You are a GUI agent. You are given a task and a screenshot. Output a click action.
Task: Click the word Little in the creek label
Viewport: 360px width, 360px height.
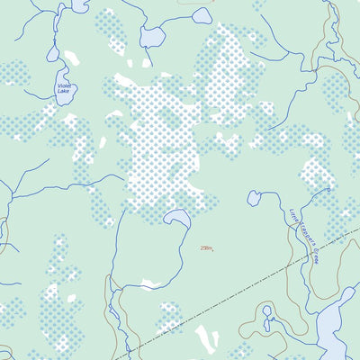pos(292,216)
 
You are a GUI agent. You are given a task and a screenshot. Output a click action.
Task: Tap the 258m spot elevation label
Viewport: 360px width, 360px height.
pos(207,248)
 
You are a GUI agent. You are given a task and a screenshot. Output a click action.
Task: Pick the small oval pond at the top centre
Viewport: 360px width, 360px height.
pos(202,15)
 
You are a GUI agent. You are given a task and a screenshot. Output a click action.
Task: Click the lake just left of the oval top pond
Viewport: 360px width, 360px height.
pos(154,36)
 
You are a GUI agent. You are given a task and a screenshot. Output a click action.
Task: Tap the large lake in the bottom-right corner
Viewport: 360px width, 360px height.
pos(337,324)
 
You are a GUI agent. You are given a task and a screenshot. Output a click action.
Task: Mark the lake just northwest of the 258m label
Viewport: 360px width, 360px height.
pos(175,219)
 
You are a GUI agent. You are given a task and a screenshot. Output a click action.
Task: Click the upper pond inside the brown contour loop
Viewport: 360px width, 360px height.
pos(267,313)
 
